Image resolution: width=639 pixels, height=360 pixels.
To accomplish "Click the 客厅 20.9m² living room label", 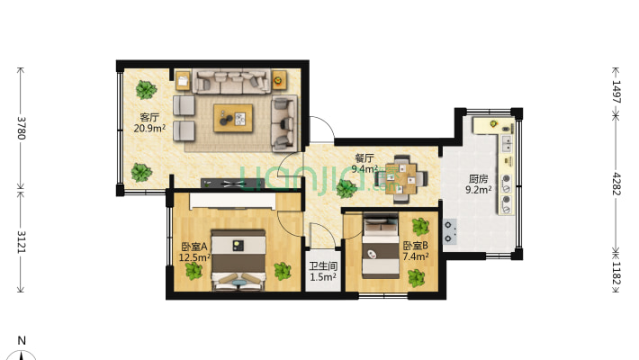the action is (149, 122).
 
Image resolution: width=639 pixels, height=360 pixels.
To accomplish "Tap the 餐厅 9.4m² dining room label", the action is (364, 164).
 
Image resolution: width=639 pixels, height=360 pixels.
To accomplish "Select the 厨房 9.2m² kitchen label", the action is (479, 184).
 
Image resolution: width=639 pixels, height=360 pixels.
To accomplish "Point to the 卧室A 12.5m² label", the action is (194, 252).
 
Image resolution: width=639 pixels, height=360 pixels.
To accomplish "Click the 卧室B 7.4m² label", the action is (416, 251).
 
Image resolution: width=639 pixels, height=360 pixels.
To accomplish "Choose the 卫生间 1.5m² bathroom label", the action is (323, 272).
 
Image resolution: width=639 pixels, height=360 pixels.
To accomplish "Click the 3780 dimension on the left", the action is (22, 128).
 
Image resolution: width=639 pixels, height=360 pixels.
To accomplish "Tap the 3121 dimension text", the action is (22, 242).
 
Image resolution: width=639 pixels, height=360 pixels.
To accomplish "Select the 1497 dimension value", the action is (616, 92).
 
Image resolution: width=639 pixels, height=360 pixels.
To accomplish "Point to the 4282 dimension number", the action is (616, 184).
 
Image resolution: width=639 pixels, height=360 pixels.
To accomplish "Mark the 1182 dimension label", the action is (616, 274).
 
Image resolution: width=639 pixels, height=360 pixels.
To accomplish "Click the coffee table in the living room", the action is (233, 118).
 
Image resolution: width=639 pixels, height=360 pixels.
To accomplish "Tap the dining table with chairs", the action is (401, 178).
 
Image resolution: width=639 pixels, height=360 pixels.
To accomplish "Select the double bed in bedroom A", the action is (238, 260).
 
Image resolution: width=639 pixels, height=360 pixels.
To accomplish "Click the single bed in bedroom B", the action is (381, 247).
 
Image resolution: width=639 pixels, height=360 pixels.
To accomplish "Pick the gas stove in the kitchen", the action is (449, 231).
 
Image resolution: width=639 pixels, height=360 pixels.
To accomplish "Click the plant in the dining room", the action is (346, 188).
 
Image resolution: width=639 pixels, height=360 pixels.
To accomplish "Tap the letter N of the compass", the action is (22, 340).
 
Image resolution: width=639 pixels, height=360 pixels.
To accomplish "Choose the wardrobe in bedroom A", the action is (233, 202).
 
